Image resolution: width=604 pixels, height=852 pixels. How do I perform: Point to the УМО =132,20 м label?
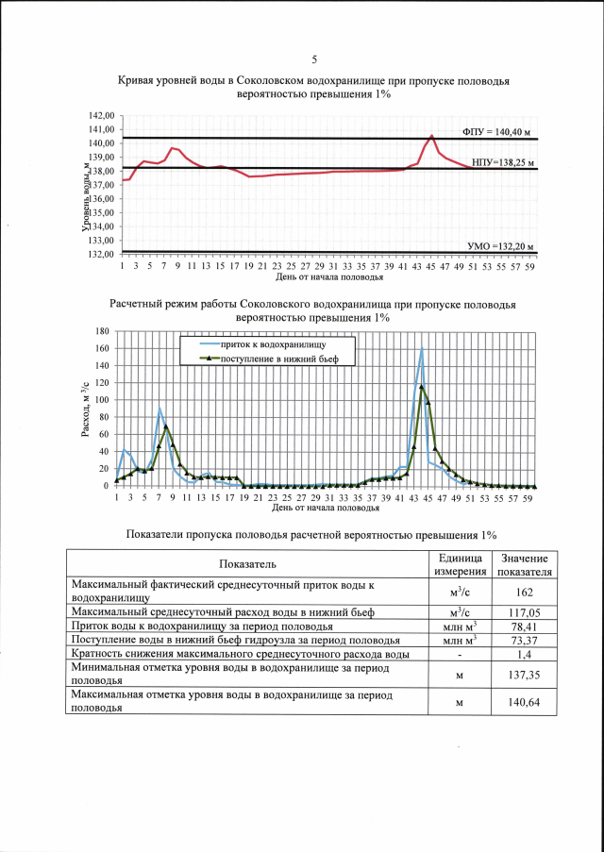click(501, 246)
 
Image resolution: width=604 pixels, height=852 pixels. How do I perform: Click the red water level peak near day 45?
click(431, 136)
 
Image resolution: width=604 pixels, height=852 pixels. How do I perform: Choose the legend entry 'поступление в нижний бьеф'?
click(274, 359)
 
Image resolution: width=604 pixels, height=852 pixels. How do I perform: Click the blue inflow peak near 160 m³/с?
click(421, 349)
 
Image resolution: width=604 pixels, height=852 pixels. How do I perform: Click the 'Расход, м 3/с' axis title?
click(87, 407)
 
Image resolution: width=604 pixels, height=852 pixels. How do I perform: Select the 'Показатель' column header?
click(247, 564)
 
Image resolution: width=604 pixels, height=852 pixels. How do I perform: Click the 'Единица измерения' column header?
click(459, 564)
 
